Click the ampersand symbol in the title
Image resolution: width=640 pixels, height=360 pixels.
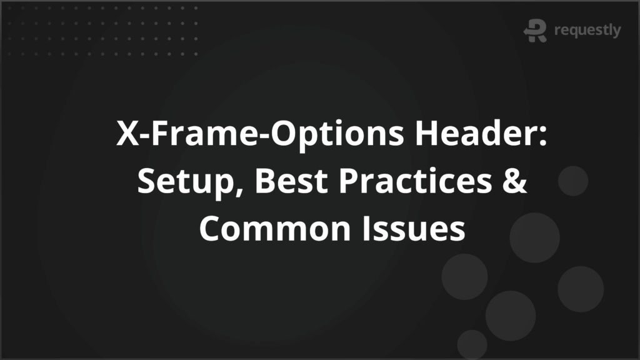pyautogui.click(x=515, y=181)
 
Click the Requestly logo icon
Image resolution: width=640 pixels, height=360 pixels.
pyautogui.click(x=536, y=31)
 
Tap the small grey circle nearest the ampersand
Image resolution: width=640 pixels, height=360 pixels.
pyautogui.click(x=572, y=181)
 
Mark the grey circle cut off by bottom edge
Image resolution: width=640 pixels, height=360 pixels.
pyautogui.click(x=472, y=345)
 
